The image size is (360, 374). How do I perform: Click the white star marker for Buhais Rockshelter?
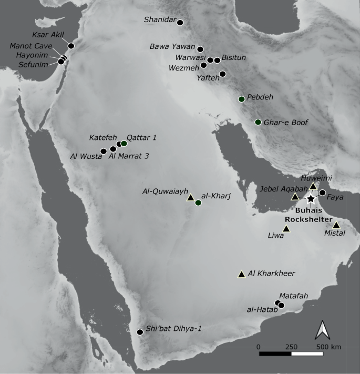[x=311, y=199]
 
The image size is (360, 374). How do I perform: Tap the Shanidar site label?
[x=159, y=20]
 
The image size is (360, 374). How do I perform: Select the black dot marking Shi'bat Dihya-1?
[x=140, y=332]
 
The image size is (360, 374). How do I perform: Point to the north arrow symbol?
[x=322, y=330]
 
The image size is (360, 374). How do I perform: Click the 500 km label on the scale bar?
[x=329, y=347]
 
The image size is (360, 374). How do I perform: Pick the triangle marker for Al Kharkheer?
[x=241, y=274]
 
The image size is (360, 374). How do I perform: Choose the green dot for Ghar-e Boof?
[x=258, y=122]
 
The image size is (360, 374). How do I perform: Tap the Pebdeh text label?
[x=260, y=97]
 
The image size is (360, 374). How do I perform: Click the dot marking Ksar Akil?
[x=71, y=46]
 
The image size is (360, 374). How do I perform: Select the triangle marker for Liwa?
[x=286, y=229]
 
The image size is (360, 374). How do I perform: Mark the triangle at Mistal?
[x=336, y=225]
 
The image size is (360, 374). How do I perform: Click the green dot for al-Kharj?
[x=198, y=203]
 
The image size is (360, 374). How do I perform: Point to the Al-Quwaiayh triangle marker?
[x=191, y=197]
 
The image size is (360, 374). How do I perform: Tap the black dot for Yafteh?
[x=222, y=74]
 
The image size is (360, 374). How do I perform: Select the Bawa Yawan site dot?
[x=200, y=49]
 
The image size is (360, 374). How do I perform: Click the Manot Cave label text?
[x=30, y=46]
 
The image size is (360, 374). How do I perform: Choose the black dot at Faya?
[x=322, y=193]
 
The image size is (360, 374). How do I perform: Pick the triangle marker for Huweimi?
[x=313, y=186]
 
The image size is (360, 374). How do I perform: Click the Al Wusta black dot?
[x=104, y=151]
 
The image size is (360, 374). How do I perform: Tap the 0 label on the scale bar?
[x=259, y=347]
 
